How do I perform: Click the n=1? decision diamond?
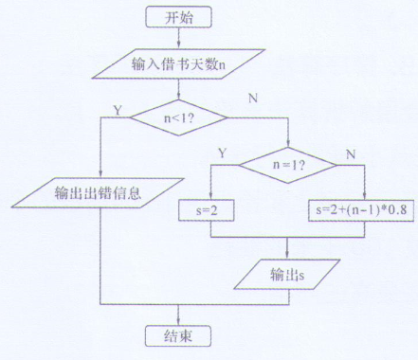point(287,163)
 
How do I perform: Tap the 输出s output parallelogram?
point(287,275)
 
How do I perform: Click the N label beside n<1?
point(252,98)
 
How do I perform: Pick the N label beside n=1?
point(353,151)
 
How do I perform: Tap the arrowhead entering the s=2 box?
point(210,195)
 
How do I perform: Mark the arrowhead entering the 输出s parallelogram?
point(287,257)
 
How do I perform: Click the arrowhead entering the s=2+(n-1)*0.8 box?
point(364,195)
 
